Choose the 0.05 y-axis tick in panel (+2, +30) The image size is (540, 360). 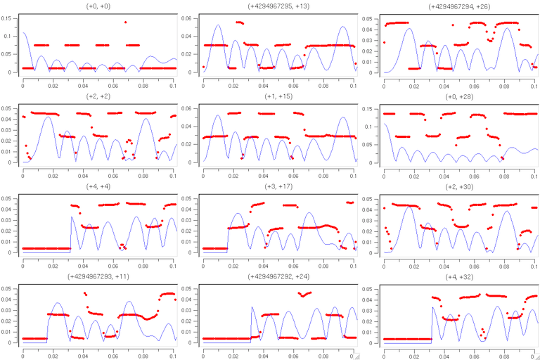pyautogui.click(x=371, y=198)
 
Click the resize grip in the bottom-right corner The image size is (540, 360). pyautogui.click(x=535, y=356)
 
